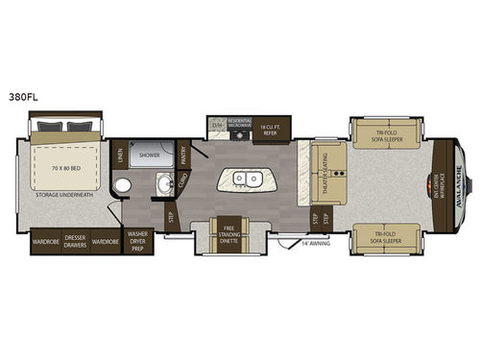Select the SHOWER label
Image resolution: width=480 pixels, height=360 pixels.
pyautogui.click(x=149, y=154)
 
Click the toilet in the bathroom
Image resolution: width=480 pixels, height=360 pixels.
pyautogui.click(x=122, y=186)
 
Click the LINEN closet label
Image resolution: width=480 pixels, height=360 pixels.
pyautogui.click(x=120, y=154)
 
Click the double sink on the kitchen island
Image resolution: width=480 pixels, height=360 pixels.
pyautogui.click(x=246, y=178)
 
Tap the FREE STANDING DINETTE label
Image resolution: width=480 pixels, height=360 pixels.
pyautogui.click(x=229, y=230)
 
